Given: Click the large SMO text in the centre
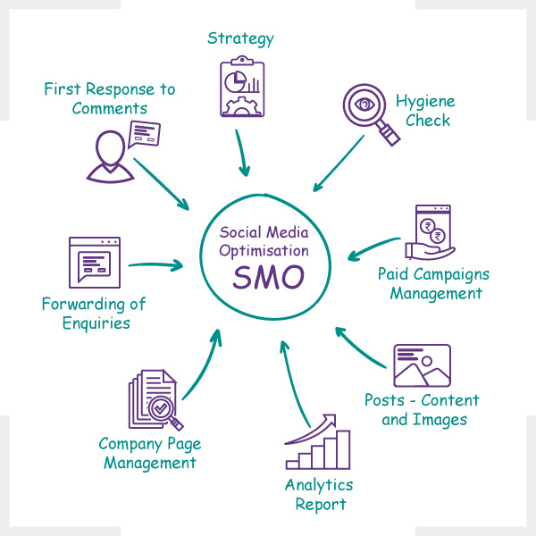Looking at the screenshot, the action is (268, 277).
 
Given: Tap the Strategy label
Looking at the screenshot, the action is (240, 39).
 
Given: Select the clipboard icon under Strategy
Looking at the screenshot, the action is (242, 86).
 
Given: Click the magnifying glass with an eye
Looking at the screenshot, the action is (372, 114).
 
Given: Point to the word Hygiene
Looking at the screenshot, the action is (425, 102).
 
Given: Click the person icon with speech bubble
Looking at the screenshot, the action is (123, 152).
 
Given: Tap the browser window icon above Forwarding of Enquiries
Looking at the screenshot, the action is (95, 263).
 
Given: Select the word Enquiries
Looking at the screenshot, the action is (96, 323).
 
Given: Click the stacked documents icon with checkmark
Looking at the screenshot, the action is (155, 399).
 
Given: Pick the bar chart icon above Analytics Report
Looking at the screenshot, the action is (317, 441).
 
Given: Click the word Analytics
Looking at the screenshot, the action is (319, 485).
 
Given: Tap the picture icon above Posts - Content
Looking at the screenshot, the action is (423, 365).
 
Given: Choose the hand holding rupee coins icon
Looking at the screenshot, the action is (430, 232).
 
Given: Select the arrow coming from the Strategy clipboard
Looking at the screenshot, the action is (242, 153).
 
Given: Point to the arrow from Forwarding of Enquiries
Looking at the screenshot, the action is (155, 265).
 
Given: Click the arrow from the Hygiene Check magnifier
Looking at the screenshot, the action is (339, 163).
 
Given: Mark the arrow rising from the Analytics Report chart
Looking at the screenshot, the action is (293, 383).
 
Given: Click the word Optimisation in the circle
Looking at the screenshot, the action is (264, 251).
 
